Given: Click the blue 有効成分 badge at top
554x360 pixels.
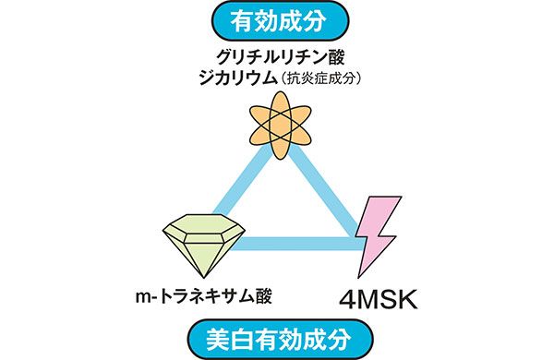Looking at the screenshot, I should [x=276, y=17].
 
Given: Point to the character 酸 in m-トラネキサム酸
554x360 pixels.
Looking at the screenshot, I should [x=266, y=297].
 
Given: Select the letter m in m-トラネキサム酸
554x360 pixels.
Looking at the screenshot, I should [x=140, y=298].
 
